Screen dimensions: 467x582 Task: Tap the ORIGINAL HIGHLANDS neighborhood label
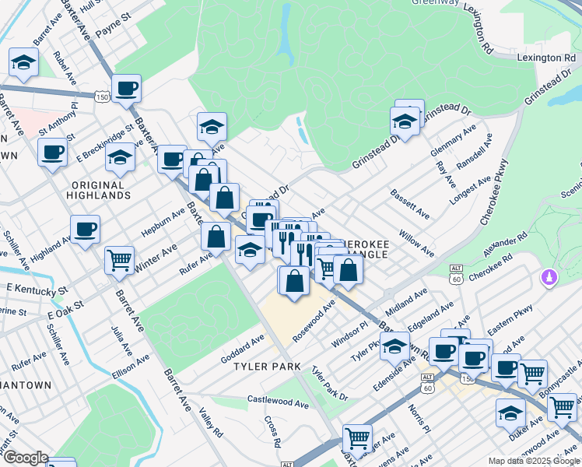pyautogui.click(x=97, y=190)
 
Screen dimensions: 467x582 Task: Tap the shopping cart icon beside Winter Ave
pyautogui.click(x=119, y=259)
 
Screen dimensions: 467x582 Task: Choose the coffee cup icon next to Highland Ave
pyautogui.click(x=85, y=229)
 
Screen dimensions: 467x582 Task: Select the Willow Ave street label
pyautogui.click(x=416, y=243)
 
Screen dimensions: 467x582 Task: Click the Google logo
pyautogui.click(x=25, y=458)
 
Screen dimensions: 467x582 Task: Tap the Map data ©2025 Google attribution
pyautogui.click(x=533, y=460)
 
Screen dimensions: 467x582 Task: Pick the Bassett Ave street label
pyautogui.click(x=410, y=203)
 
